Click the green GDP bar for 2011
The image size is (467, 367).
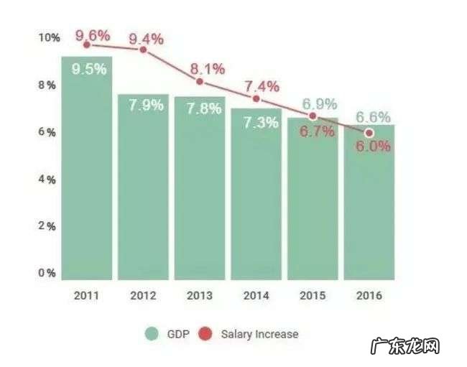click(87, 172)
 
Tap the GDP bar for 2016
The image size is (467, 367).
click(369, 205)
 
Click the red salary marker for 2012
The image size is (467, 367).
click(143, 50)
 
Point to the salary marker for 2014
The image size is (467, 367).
click(256, 98)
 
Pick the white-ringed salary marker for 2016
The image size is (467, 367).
click(369, 133)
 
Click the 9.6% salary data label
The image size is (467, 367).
click(93, 34)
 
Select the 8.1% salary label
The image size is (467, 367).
click(208, 70)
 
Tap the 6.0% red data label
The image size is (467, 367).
click(373, 147)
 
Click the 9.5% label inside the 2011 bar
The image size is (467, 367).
click(89, 70)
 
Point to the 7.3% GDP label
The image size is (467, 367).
click(259, 123)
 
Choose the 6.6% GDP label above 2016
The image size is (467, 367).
click(373, 117)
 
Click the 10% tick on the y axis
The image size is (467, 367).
click(48, 37)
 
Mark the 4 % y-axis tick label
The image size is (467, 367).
click(47, 179)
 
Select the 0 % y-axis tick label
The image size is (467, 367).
click(47, 273)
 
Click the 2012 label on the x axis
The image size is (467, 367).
click(143, 296)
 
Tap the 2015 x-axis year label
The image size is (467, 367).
click(313, 296)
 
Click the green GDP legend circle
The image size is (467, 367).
click(152, 333)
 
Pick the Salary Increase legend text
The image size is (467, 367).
click(259, 334)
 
